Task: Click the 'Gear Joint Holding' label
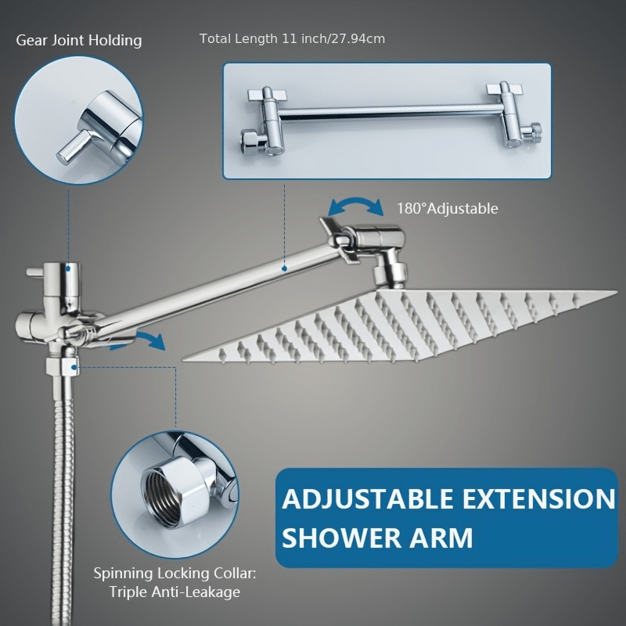coord(79,41)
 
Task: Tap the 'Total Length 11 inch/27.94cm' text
coord(292,38)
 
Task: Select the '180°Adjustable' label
coord(447,208)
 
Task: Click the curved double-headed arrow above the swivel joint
coord(355,201)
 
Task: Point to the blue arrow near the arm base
coord(151,338)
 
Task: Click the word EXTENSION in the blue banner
coord(538,499)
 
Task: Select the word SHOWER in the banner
coord(340,538)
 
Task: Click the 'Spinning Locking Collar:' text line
coord(174,574)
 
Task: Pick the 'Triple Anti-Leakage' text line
coord(174,592)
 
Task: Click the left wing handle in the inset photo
coord(267,95)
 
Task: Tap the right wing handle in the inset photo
coord(504,88)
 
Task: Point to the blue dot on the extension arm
coord(284,268)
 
